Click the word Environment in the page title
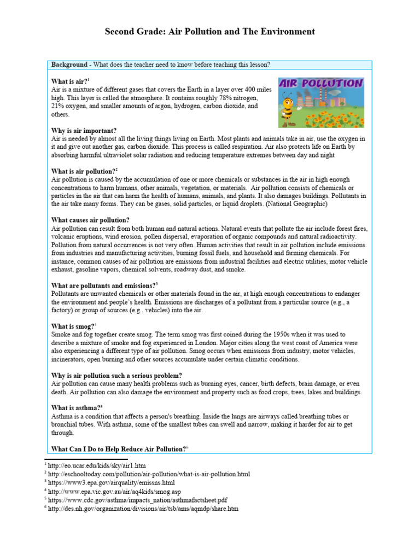coord(289,32)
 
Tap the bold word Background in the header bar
coord(69,65)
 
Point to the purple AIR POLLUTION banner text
coord(320,84)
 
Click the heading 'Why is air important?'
coord(84,131)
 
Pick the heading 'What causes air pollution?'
coord(90,220)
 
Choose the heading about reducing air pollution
coord(119,449)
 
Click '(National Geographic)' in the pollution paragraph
coord(296,203)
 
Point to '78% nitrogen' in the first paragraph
coord(237,97)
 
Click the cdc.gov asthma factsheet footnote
coord(137,500)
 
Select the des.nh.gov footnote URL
coord(143,509)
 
